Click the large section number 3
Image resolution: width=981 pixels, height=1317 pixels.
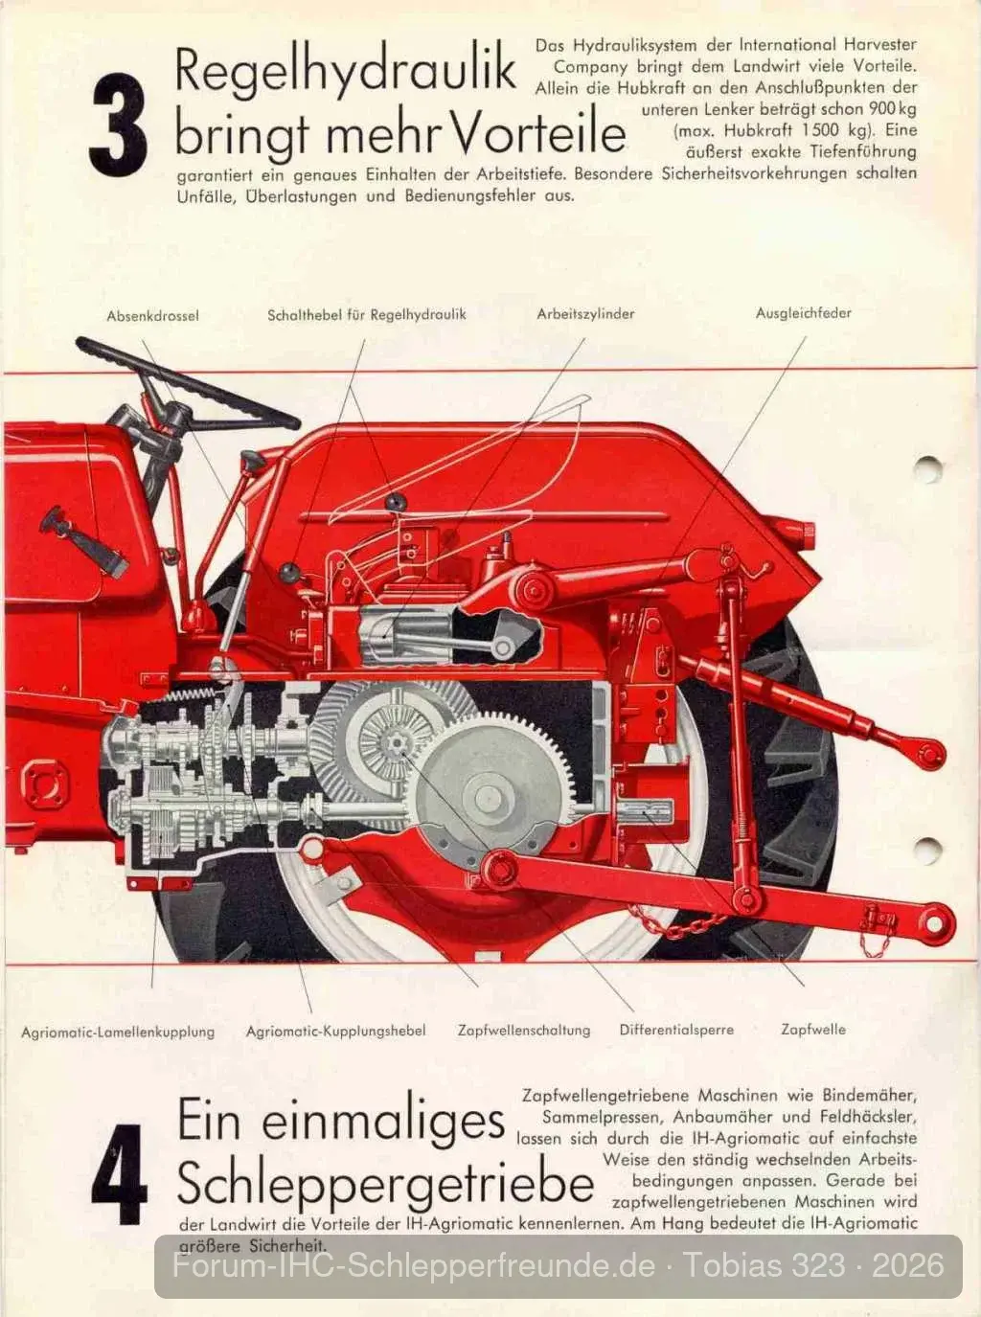[118, 124]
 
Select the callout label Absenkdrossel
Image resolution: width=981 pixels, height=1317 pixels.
[152, 316]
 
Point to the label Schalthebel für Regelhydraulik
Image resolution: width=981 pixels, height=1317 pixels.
[366, 315]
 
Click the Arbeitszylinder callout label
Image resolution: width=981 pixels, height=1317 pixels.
[585, 314]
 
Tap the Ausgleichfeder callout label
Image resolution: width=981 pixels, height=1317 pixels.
[803, 313]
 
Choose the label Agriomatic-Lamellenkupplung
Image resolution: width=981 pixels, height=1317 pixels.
[118, 1032]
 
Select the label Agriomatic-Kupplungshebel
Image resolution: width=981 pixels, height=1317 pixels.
[335, 1031]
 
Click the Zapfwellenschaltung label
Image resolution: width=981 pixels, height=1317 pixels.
[524, 1030]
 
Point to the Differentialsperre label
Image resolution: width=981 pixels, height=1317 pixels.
[676, 1030]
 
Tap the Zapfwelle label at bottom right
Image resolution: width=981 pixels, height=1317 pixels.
[813, 1029]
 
